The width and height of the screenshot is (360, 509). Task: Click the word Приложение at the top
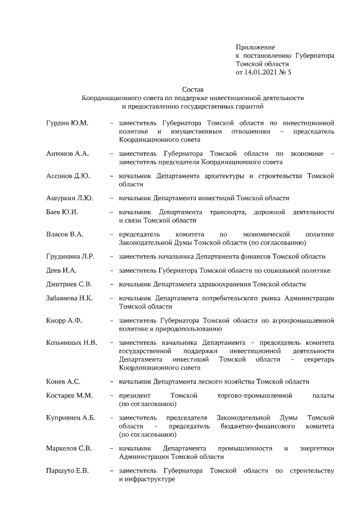(x=255, y=47)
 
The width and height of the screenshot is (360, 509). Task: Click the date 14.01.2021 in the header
(x=262, y=73)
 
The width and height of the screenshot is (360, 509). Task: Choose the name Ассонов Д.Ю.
(x=68, y=175)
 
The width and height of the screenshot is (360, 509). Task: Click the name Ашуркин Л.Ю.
(x=69, y=198)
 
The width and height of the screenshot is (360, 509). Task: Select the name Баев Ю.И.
(x=62, y=212)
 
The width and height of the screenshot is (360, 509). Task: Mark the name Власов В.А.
(x=65, y=234)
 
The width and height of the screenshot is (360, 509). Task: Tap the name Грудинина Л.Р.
(x=70, y=256)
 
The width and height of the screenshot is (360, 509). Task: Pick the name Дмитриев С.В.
(x=69, y=284)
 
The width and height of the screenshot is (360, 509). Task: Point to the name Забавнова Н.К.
(x=70, y=298)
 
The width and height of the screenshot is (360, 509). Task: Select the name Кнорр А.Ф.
(x=64, y=320)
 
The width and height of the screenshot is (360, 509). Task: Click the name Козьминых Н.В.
(x=71, y=343)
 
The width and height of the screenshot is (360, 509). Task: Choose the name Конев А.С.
(x=63, y=381)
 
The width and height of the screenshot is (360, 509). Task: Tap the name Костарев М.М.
(x=69, y=396)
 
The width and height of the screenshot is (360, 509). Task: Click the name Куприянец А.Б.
(x=70, y=418)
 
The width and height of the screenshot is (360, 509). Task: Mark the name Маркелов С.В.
(x=69, y=448)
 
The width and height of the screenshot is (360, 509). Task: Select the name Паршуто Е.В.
(x=67, y=470)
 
